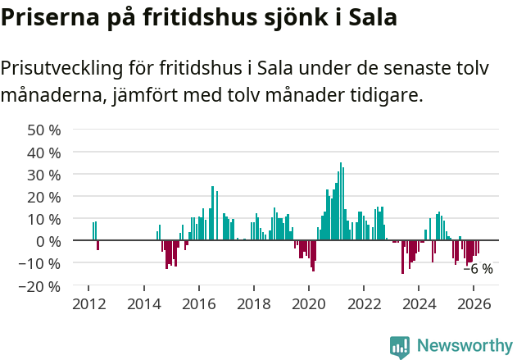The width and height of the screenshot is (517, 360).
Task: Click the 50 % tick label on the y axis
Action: point(44,130)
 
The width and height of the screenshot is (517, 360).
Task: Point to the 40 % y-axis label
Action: point(44,153)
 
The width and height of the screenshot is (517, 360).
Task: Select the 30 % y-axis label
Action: point(44,175)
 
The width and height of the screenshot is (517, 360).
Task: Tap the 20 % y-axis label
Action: point(44,197)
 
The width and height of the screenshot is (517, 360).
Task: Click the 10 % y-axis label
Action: point(44,219)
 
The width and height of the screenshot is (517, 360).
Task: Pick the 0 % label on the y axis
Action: point(48,241)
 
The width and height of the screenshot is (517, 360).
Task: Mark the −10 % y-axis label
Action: point(40,264)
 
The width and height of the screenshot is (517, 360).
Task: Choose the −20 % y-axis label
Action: point(40,286)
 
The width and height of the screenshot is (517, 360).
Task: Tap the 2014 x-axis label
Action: point(143,304)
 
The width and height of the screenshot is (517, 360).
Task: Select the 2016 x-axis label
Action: point(198,304)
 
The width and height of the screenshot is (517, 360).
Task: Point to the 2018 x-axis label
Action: point(253,304)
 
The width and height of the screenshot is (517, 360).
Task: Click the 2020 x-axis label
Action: point(309,304)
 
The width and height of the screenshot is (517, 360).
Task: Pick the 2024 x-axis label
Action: point(419,304)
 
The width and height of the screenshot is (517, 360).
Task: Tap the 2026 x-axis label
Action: point(474,304)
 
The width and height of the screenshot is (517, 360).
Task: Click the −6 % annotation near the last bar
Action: point(478,268)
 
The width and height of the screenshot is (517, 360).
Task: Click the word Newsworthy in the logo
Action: point(464,345)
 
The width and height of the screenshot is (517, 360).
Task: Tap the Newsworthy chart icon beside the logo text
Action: point(400,346)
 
